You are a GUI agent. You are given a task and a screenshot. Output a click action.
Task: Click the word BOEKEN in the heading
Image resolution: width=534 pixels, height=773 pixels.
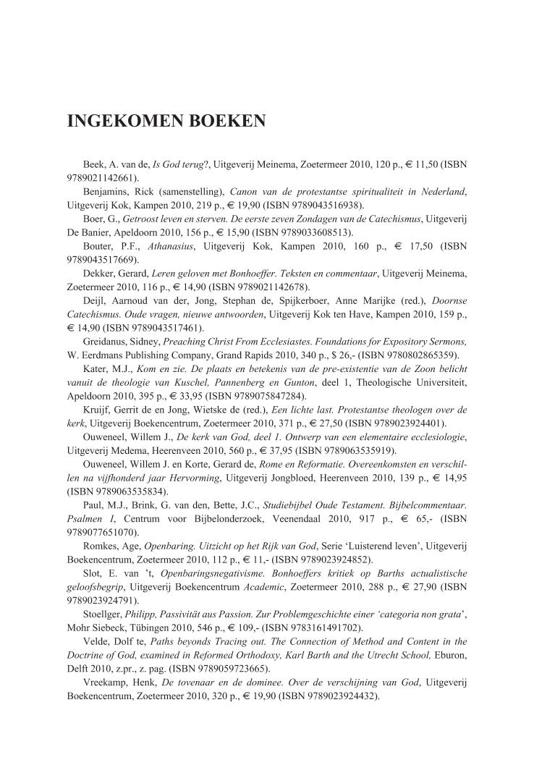224,121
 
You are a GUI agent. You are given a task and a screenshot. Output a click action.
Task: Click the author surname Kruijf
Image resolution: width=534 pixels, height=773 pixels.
100,408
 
